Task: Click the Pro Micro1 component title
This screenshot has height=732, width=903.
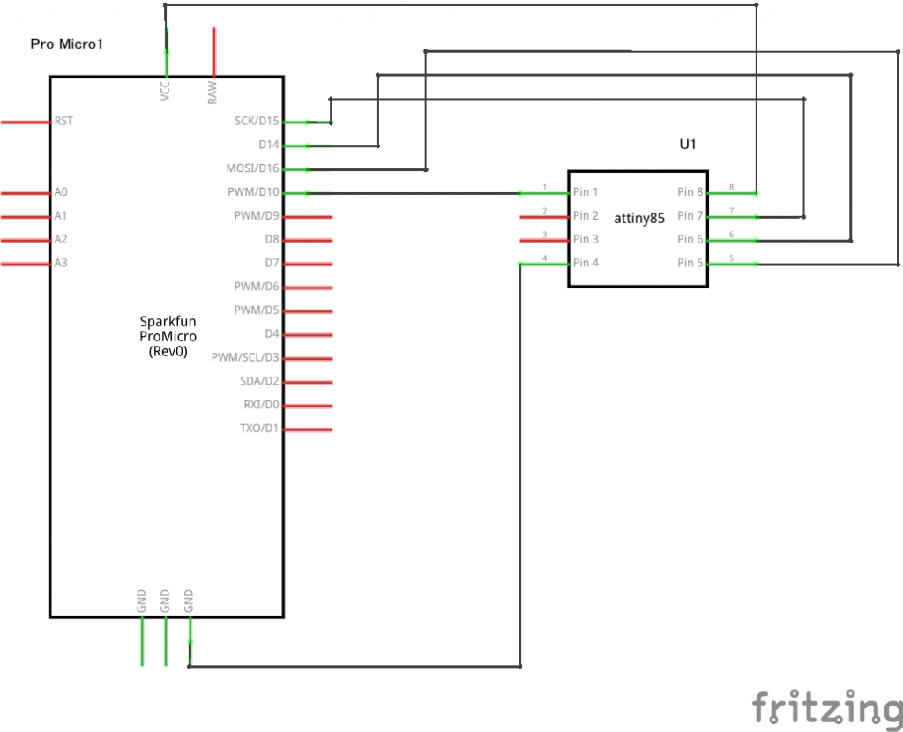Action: [x=67, y=43]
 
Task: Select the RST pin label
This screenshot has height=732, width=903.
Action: [x=63, y=121]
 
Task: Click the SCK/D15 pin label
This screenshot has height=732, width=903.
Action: [x=257, y=121]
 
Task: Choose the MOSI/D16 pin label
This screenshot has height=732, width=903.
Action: [x=252, y=168]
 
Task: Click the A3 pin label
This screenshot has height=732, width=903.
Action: [x=61, y=263]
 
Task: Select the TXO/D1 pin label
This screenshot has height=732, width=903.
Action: [x=260, y=429]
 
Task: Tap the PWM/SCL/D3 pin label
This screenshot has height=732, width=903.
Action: [x=245, y=358]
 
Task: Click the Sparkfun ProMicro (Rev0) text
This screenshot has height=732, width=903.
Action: [x=168, y=336]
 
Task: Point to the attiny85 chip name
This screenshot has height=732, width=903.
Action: [x=639, y=218]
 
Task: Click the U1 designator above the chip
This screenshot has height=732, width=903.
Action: [x=689, y=144]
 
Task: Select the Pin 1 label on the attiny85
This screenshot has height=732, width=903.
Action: [x=586, y=192]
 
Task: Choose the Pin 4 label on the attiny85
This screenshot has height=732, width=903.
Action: [x=586, y=263]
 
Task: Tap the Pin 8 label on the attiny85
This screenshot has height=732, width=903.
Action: [x=690, y=192]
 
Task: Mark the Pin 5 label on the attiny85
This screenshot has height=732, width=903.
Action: [x=690, y=263]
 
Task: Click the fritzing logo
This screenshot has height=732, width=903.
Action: [x=826, y=708]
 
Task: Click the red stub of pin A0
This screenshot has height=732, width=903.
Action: [x=25, y=192]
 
